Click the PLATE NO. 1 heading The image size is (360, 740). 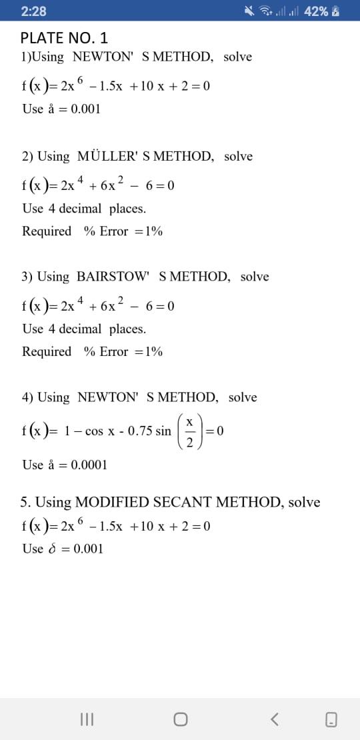pos(64,38)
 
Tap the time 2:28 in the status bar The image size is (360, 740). pos(34,11)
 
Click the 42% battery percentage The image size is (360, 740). pos(315,11)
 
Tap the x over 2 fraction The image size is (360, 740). pos(189,431)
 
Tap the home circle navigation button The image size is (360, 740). pos(180,719)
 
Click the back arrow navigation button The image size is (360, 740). pos(274,719)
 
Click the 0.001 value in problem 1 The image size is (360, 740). pos(85,109)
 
